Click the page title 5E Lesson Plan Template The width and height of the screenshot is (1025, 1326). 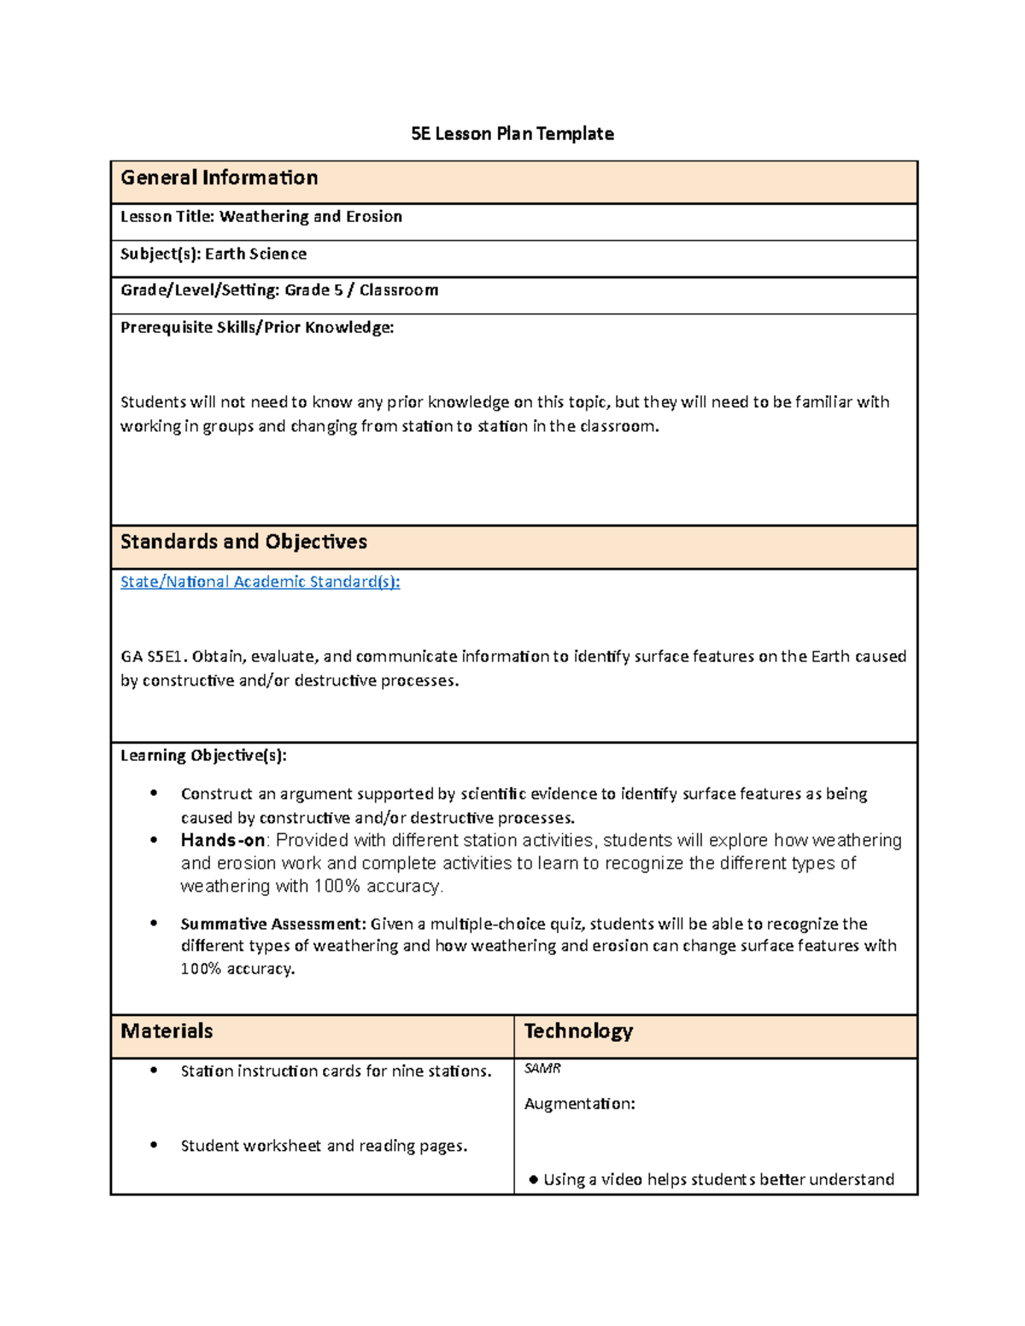point(512,134)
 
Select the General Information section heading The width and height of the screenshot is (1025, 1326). point(220,178)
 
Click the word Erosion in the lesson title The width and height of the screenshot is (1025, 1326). point(373,217)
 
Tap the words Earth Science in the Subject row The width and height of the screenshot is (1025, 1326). point(255,254)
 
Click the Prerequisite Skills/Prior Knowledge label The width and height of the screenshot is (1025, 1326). point(257,328)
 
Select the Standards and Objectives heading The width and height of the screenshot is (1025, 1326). point(243,542)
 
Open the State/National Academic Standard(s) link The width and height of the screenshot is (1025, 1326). point(260,582)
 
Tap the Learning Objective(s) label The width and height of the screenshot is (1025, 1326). point(203,756)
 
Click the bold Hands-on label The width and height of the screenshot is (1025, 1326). point(222,840)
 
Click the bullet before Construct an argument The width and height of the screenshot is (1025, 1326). point(154,793)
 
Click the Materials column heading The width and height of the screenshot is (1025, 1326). point(167,1031)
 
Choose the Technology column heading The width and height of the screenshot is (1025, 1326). point(578,1031)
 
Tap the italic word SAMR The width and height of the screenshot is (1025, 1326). point(542,1069)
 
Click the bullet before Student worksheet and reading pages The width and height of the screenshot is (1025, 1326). point(154,1145)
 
